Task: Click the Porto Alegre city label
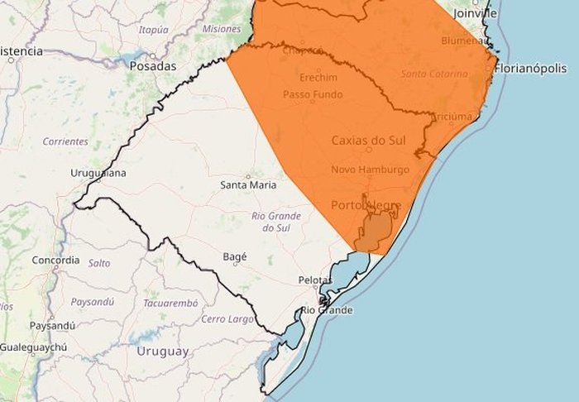366,204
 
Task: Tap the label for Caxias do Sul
369,141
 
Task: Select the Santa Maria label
248,184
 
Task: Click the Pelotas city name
314,280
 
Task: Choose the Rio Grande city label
326,310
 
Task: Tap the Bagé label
235,257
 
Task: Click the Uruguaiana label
99,173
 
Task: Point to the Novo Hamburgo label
370,170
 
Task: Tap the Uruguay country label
163,352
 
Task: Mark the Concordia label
55,260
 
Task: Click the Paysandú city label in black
52,325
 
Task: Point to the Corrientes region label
65,141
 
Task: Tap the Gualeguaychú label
33,347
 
